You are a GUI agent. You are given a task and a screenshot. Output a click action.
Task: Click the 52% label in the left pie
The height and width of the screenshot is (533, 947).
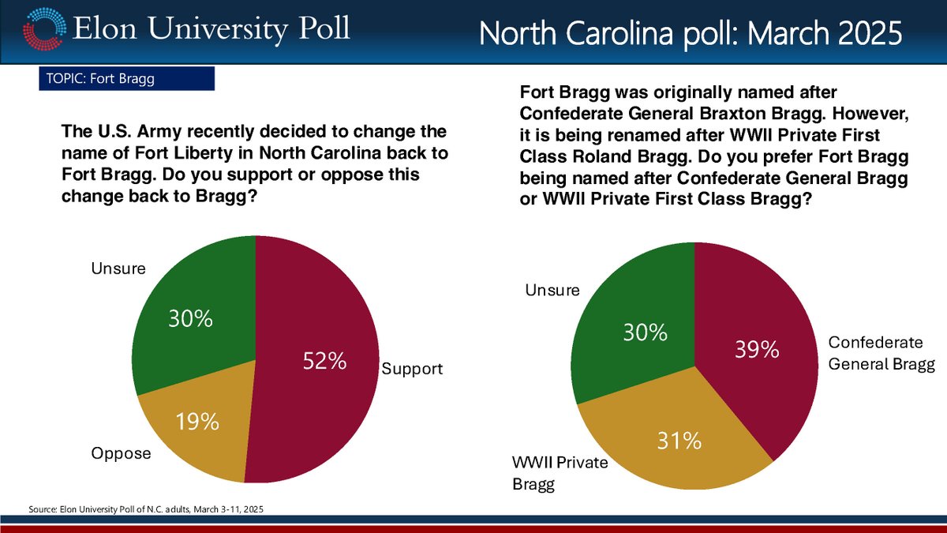325,362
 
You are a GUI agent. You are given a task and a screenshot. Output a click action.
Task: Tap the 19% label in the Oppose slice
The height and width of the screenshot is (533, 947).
197,422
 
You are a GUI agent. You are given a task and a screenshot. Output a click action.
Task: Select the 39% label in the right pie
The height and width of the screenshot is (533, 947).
758,348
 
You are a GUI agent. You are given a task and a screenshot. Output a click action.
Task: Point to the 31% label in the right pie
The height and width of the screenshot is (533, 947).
680,441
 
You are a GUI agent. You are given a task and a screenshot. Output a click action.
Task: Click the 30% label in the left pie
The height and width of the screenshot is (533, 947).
190,319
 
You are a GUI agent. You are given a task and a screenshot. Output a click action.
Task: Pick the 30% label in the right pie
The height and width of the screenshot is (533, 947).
646,332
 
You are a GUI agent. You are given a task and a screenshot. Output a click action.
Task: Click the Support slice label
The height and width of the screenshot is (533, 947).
413,369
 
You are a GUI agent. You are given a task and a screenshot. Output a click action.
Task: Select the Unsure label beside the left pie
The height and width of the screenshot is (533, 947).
119,268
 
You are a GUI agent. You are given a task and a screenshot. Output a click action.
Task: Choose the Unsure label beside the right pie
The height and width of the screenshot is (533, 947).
552,291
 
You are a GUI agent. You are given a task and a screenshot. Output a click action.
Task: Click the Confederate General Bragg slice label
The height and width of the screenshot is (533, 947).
880,353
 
